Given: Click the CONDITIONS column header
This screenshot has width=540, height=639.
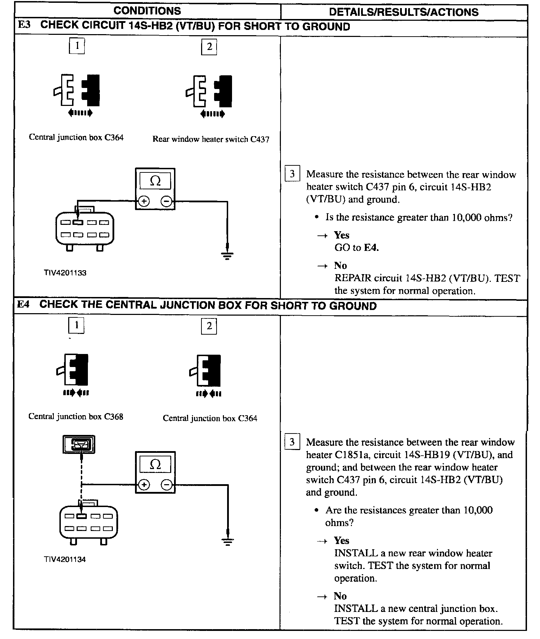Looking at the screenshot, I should pos(147,11).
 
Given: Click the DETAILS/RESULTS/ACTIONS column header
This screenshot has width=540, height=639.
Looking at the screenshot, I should pos(404,12).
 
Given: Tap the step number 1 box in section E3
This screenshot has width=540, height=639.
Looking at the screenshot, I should pos(77,46).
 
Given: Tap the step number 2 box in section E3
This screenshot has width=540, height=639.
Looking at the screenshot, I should pos(209,47).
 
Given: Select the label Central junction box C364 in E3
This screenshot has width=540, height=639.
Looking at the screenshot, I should pos(76,138).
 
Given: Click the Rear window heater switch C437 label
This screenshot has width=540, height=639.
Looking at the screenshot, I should pos(211,139).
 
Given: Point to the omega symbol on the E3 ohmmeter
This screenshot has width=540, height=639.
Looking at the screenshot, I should pos(155,181).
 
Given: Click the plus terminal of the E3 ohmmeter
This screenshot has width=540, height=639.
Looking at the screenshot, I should pos(144,201).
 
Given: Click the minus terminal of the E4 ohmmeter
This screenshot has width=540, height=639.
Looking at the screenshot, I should pos(167,485).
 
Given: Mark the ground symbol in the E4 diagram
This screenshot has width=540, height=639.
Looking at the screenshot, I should pos(228,542).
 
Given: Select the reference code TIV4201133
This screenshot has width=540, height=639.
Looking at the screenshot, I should pos(65,273).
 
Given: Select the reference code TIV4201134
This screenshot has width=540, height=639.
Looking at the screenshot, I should pos(65,559).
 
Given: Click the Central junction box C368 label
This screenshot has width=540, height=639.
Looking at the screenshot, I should pos(76,417).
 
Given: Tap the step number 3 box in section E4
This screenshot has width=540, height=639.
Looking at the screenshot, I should pos(292,442).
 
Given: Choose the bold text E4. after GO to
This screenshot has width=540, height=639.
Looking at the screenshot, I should pos(371,248).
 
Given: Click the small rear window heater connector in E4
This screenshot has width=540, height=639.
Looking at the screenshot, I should pos(79,444).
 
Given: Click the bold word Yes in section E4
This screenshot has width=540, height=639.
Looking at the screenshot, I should pos(341,540).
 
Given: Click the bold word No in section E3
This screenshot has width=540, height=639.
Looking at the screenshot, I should pos(340,265).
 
